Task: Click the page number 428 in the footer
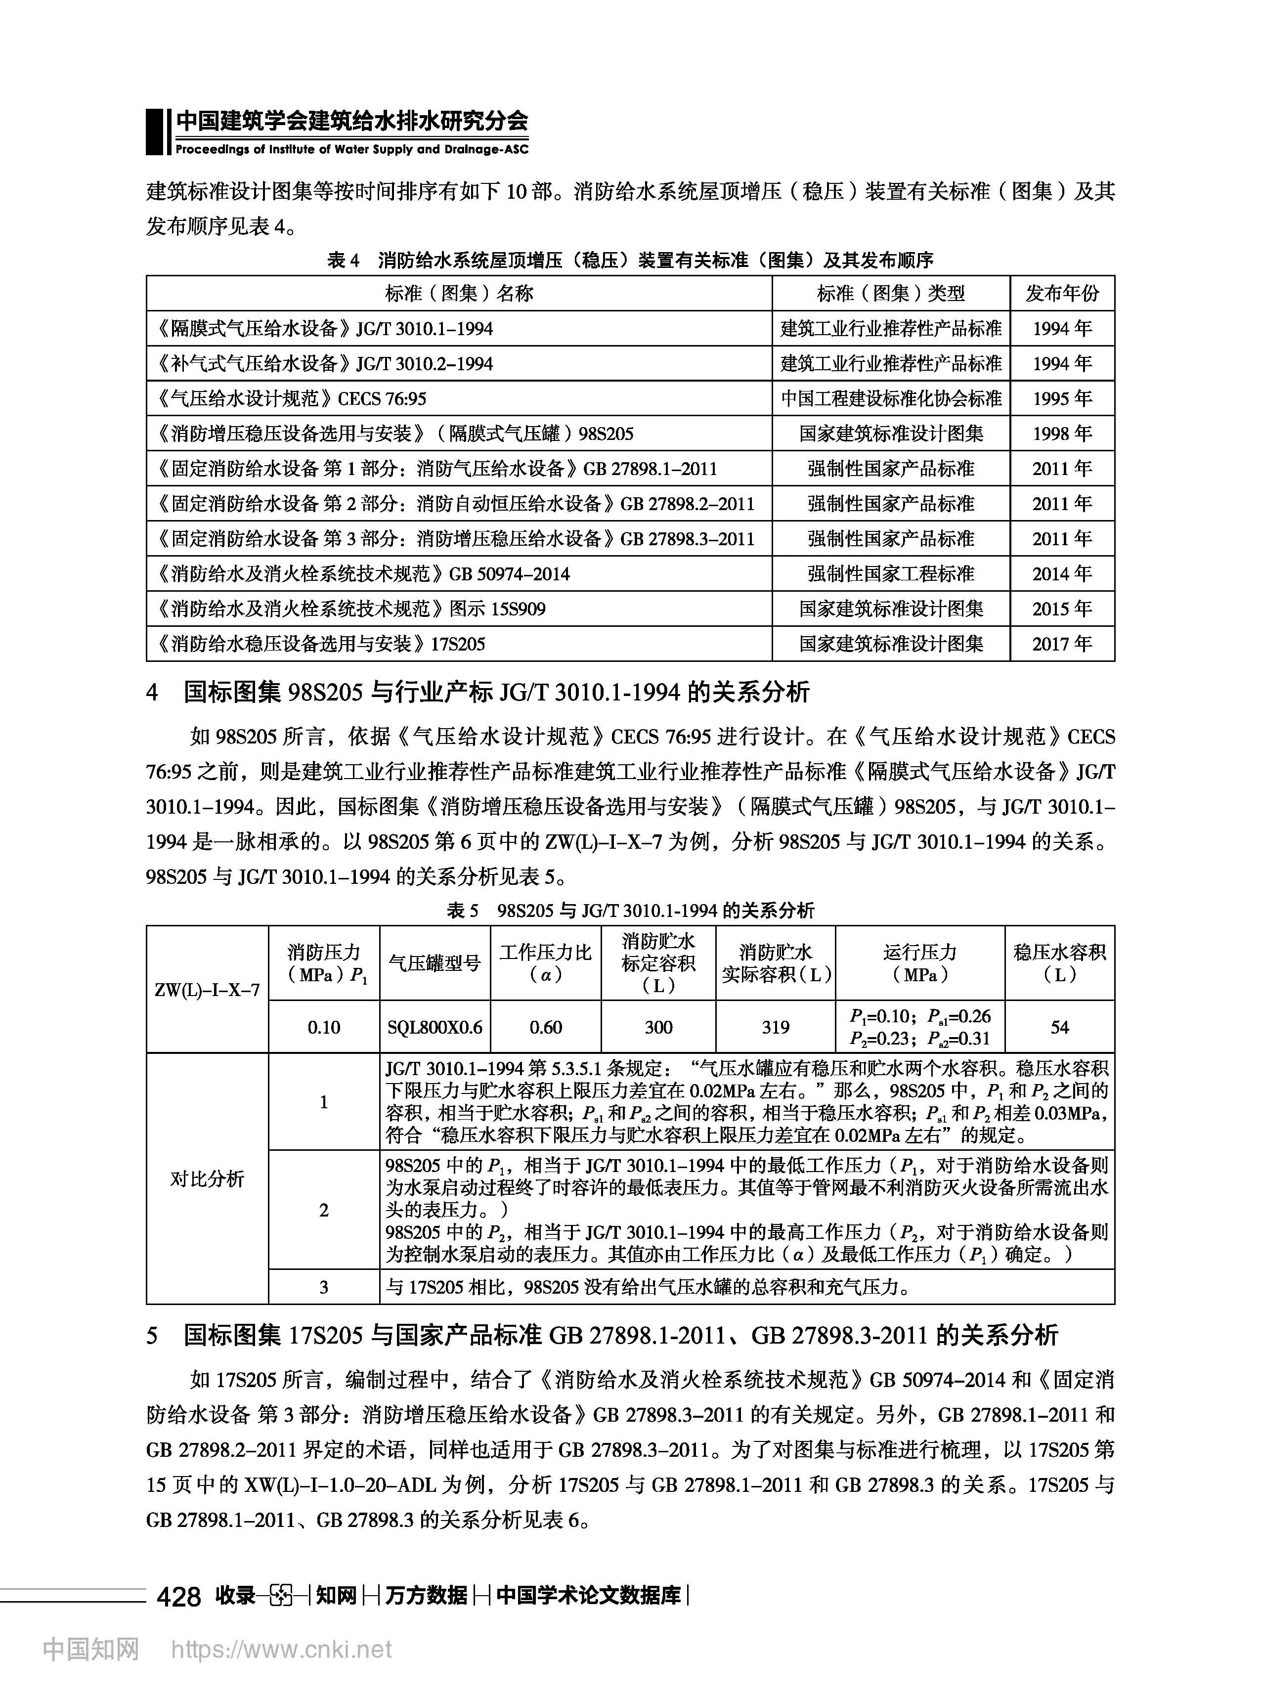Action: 178,1595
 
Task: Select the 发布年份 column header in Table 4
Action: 1062,293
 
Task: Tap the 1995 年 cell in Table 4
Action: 1062,398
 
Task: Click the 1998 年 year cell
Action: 1062,434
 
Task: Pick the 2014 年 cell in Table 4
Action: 1062,574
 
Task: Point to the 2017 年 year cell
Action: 1062,644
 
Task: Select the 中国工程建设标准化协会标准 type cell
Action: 891,398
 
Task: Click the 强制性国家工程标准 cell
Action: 891,574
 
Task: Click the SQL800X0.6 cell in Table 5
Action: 435,1027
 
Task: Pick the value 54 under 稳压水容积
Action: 1059,1027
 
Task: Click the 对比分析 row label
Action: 207,1179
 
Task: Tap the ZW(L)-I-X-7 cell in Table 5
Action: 207,990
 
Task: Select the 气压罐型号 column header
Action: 435,963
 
